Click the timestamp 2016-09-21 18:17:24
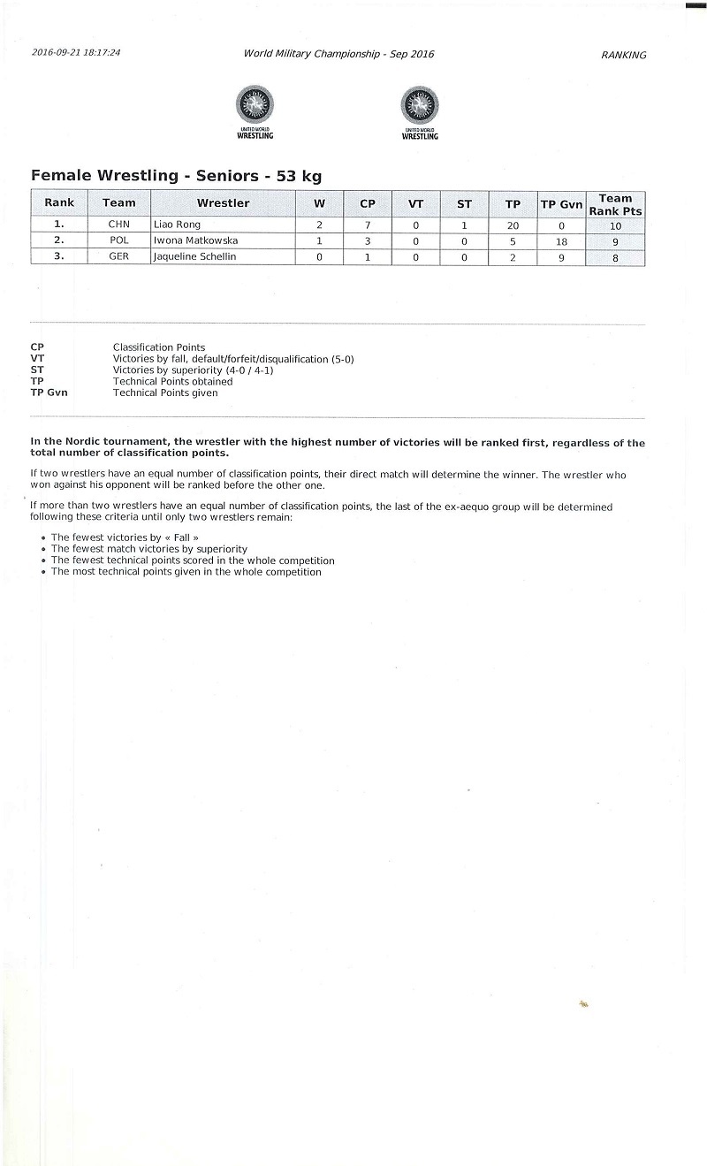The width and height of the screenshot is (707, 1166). [x=76, y=53]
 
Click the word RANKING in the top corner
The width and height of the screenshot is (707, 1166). [x=623, y=55]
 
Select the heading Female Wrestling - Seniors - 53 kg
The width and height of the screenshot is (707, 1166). [x=176, y=176]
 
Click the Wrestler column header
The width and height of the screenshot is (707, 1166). [x=223, y=203]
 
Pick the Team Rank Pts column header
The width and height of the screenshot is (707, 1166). [x=615, y=204]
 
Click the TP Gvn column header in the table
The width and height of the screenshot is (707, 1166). [x=561, y=204]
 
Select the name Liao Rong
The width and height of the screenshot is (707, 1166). [x=178, y=225]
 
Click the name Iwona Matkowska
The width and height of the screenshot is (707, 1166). [x=196, y=241]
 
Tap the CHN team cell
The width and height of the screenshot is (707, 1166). [x=119, y=225]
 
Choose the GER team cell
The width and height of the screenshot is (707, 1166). [x=119, y=258]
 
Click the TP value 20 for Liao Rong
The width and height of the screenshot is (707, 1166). [x=513, y=225]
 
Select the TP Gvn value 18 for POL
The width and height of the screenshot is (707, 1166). [x=561, y=241]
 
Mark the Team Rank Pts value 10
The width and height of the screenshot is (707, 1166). [x=615, y=226]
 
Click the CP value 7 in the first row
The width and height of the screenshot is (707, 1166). [x=368, y=225]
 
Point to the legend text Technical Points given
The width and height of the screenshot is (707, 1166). [x=165, y=393]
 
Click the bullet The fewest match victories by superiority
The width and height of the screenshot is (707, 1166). [x=148, y=549]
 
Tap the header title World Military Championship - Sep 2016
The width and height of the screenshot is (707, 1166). [x=339, y=54]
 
